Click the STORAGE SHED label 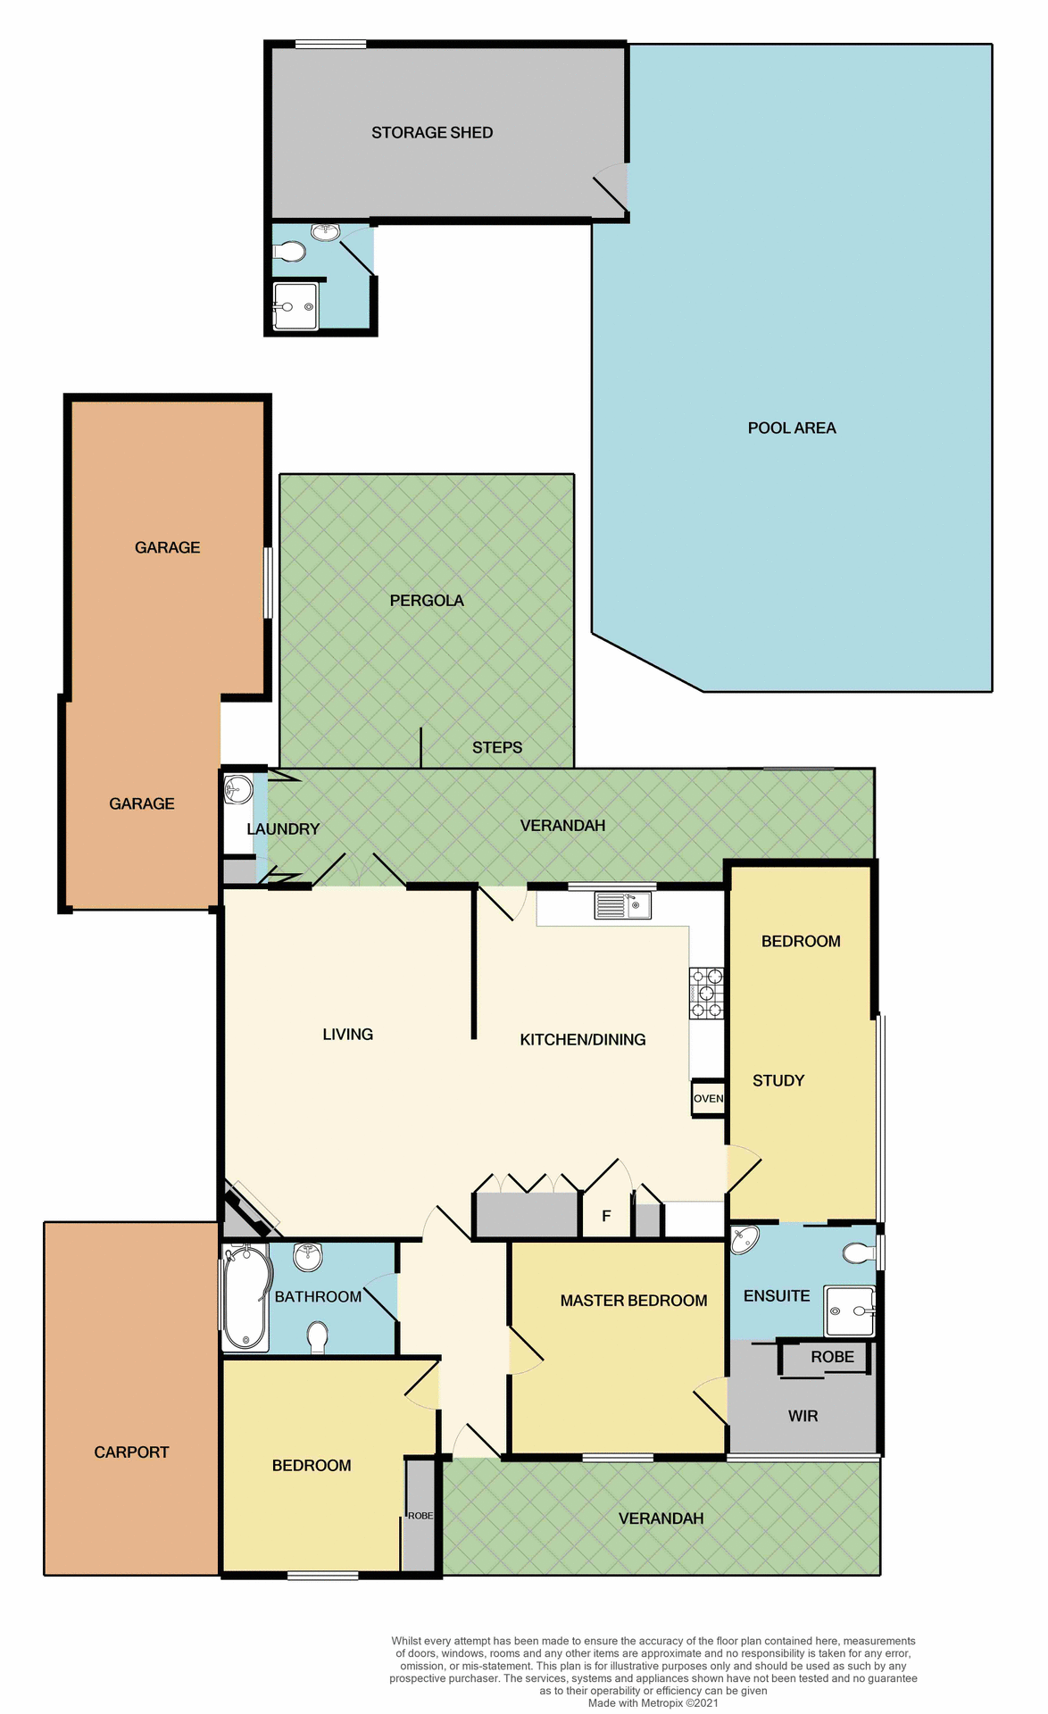pyautogui.click(x=432, y=133)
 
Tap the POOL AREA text pyautogui.click(x=791, y=428)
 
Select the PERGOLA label pyautogui.click(x=426, y=601)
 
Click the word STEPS pyautogui.click(x=496, y=747)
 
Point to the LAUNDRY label pyautogui.click(x=282, y=829)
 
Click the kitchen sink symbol pyautogui.click(x=622, y=905)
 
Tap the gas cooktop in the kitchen pyautogui.click(x=705, y=993)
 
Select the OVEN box pyautogui.click(x=708, y=1098)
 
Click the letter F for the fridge pyautogui.click(x=606, y=1216)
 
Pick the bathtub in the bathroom pyautogui.click(x=245, y=1298)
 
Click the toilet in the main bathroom pyautogui.click(x=317, y=1337)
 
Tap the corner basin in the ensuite pyautogui.click(x=744, y=1239)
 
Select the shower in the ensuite pyautogui.click(x=849, y=1310)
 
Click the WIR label pyautogui.click(x=803, y=1416)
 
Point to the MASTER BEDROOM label pyautogui.click(x=633, y=1301)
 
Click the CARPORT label pyautogui.click(x=131, y=1452)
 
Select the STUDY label pyautogui.click(x=778, y=1081)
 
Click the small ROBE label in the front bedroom pyautogui.click(x=420, y=1516)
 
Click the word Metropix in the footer pyautogui.click(x=661, y=1702)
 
